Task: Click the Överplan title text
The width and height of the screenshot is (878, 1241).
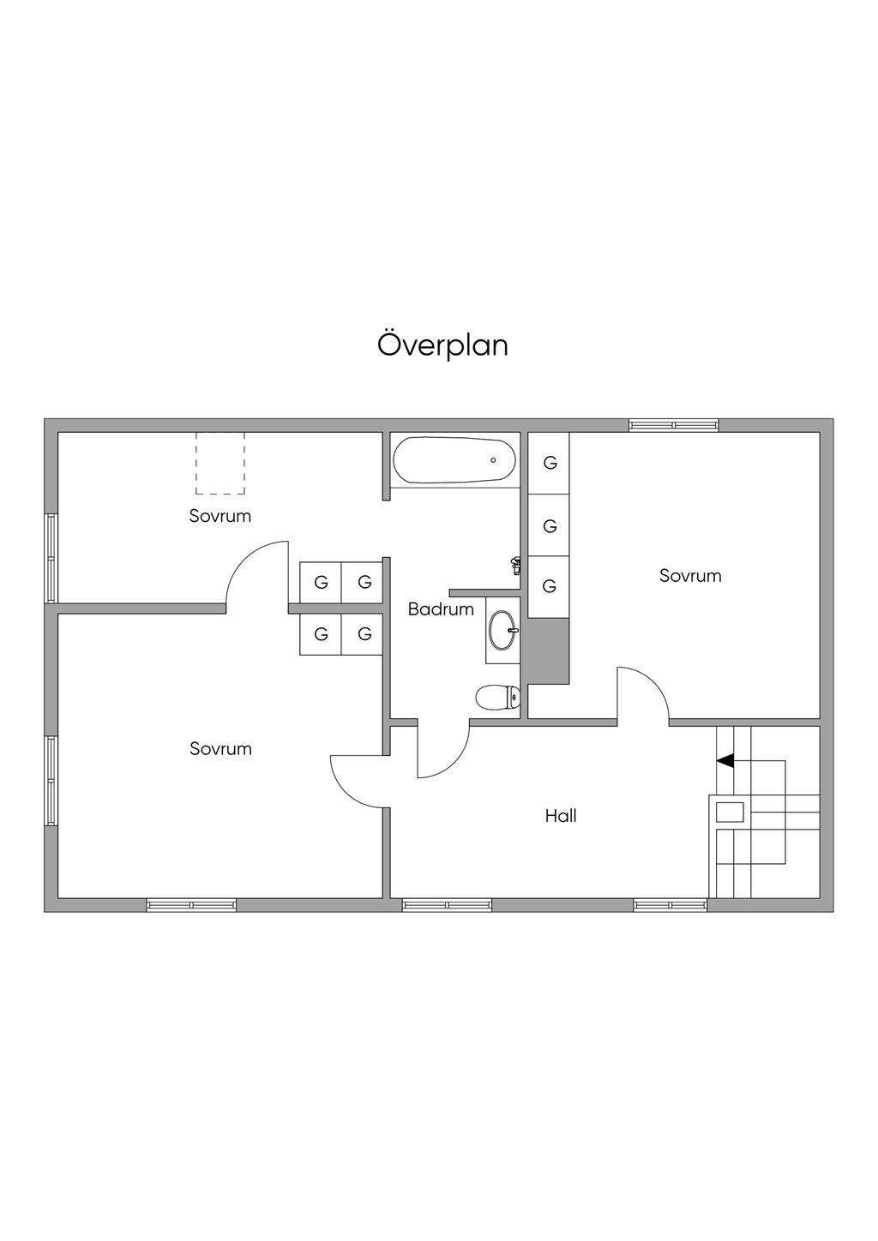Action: (x=442, y=345)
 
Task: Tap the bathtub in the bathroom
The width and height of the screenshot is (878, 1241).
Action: (x=454, y=460)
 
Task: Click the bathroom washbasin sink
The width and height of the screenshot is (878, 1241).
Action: (x=502, y=632)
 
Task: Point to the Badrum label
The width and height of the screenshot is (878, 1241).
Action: (x=441, y=609)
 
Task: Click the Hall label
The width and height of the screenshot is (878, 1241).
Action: (x=561, y=816)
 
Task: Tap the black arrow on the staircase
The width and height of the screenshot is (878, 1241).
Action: (x=725, y=760)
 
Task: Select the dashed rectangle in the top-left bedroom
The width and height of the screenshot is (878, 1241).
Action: (x=220, y=463)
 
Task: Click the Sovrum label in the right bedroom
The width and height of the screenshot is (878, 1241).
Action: (x=690, y=576)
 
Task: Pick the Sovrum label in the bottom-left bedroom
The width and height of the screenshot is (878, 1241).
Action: (x=220, y=749)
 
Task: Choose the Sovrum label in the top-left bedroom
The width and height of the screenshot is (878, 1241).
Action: (x=220, y=516)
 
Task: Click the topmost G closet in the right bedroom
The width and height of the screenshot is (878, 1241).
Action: (x=550, y=463)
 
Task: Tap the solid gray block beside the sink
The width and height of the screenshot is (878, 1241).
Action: (x=549, y=650)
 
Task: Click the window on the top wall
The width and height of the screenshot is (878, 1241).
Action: (x=673, y=424)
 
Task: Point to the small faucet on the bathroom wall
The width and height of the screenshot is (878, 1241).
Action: (x=515, y=565)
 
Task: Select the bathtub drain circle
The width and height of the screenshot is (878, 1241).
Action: (x=493, y=460)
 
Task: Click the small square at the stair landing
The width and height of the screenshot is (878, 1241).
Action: (x=730, y=811)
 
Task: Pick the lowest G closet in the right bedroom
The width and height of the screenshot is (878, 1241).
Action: (x=550, y=586)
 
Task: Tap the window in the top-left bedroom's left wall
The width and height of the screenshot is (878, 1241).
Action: (x=51, y=558)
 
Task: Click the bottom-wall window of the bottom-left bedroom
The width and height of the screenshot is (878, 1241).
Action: (x=191, y=904)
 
